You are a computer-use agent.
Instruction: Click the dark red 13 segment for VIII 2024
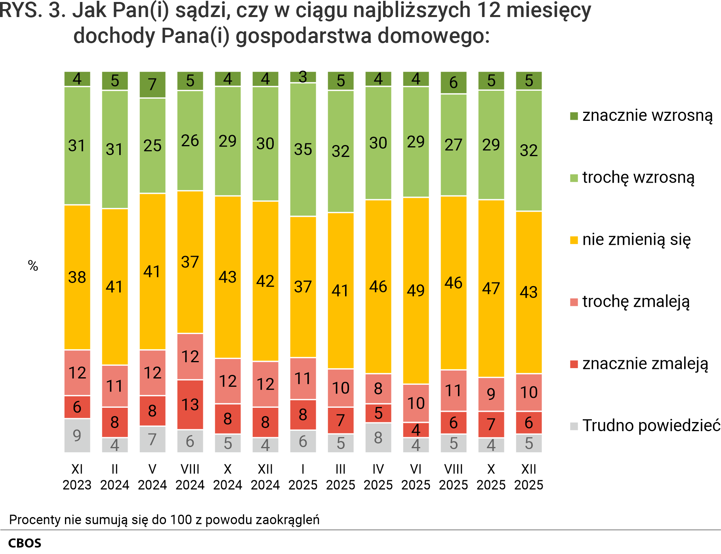(190, 405)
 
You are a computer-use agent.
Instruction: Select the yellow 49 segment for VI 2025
(416, 290)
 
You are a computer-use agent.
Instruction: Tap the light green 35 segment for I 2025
(303, 149)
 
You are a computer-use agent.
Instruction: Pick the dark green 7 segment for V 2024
(153, 84)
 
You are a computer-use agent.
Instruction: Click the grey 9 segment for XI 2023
(77, 435)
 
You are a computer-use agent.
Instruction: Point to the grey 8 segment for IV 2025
(378, 437)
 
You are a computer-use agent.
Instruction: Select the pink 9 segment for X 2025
(491, 394)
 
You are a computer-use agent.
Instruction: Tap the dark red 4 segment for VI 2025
(416, 430)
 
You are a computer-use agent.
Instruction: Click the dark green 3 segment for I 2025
(303, 77)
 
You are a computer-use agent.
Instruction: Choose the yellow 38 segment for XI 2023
(77, 277)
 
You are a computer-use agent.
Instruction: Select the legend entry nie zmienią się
(636, 240)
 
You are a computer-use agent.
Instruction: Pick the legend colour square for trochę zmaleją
(574, 302)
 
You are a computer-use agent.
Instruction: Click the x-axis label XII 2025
(529, 477)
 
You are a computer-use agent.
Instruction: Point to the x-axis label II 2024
(115, 477)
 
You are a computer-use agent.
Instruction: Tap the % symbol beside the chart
(33, 266)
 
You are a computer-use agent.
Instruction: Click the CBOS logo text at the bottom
(25, 543)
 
